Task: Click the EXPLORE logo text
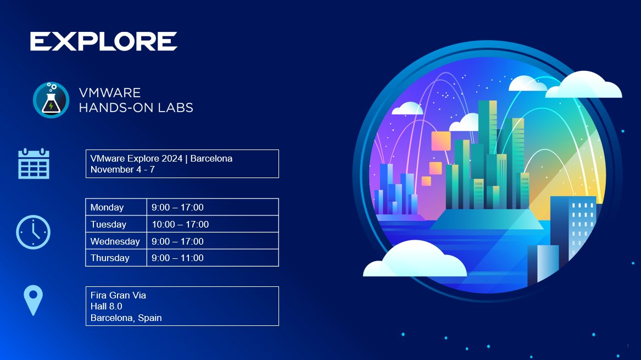pyautogui.click(x=104, y=41)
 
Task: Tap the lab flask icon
pyautogui.click(x=51, y=100)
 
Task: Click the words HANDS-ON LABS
pyautogui.click(x=136, y=108)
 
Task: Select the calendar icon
pyautogui.click(x=34, y=164)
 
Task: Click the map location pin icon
pyautogui.click(x=33, y=300)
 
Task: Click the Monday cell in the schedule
pyautogui.click(x=116, y=207)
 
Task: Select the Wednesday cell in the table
pyautogui.click(x=116, y=241)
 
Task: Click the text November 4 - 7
pyautogui.click(x=122, y=170)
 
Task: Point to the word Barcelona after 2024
pyautogui.click(x=211, y=158)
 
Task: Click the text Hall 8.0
pyautogui.click(x=107, y=306)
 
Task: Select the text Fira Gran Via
pyautogui.click(x=118, y=295)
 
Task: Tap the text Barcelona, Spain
pyautogui.click(x=126, y=318)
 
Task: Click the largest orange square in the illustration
pyautogui.click(x=441, y=141)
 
